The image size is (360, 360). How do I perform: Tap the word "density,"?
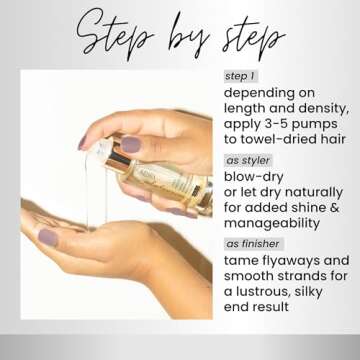pos(311,109)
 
